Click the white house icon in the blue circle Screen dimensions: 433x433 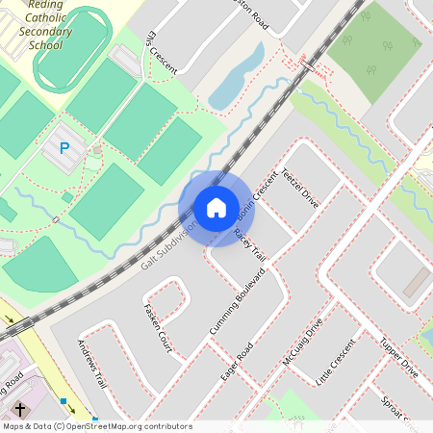coord(216,208)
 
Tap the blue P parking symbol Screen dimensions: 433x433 coord(64,148)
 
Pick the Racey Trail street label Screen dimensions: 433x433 coord(249,245)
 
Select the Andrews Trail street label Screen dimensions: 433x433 coord(90,363)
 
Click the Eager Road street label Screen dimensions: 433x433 coord(236,361)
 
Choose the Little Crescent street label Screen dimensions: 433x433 coord(336,362)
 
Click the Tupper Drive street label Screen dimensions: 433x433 coord(397,357)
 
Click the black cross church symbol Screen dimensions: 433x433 coord(20,410)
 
